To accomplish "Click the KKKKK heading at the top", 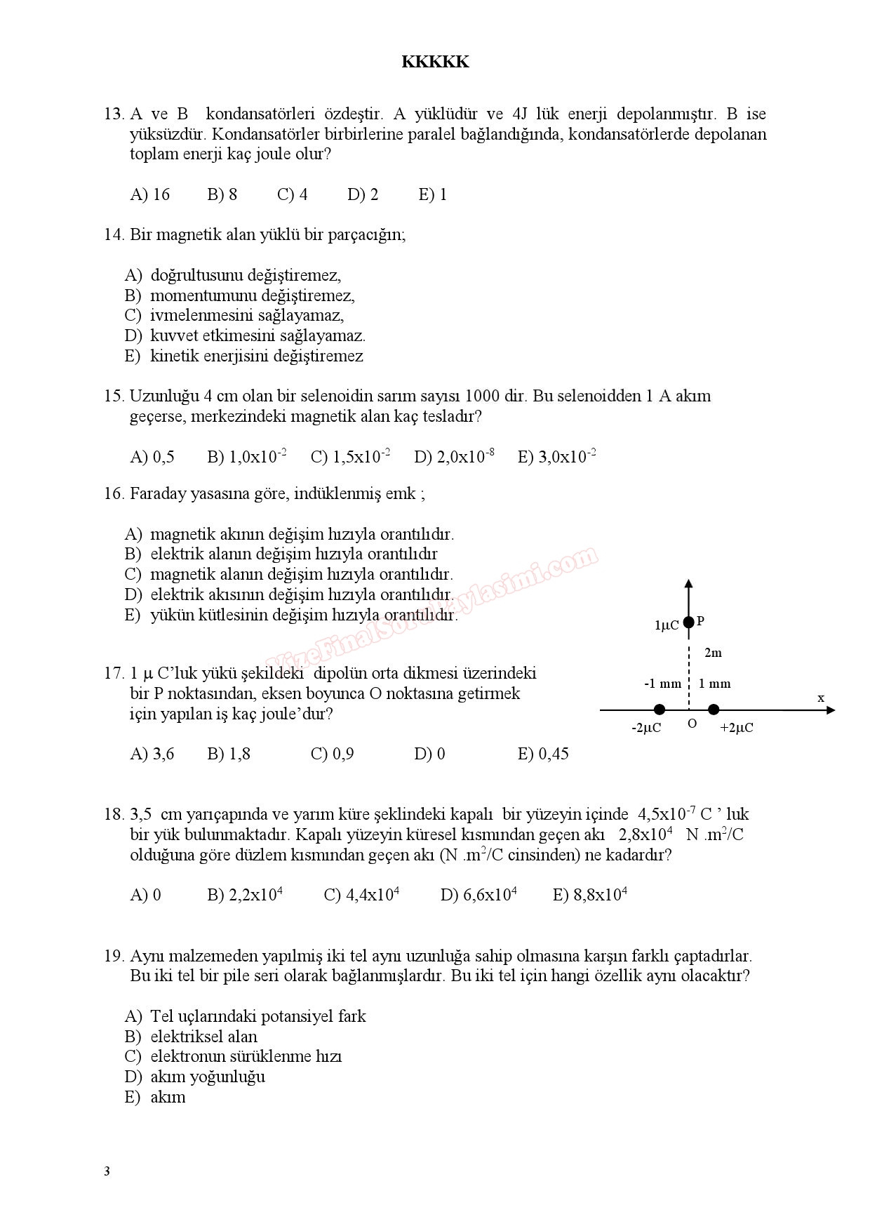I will click(435, 62).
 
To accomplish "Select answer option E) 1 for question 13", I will click(432, 194).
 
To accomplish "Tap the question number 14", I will click(114, 234).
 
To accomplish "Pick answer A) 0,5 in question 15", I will click(152, 457).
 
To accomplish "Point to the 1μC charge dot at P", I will click(688, 622).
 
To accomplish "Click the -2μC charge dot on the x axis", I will click(659, 710).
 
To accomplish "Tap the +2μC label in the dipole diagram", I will click(736, 728).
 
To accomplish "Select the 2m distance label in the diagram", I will click(713, 653).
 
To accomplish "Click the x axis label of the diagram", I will click(821, 698).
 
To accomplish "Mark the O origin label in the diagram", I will click(692, 724).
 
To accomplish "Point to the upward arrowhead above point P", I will click(688, 583).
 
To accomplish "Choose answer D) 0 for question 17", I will click(429, 754).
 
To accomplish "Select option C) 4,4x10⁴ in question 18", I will click(361, 895).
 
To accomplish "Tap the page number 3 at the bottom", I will click(107, 1171).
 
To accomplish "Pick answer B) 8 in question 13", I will click(222, 194).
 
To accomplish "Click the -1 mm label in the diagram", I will click(662, 684).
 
